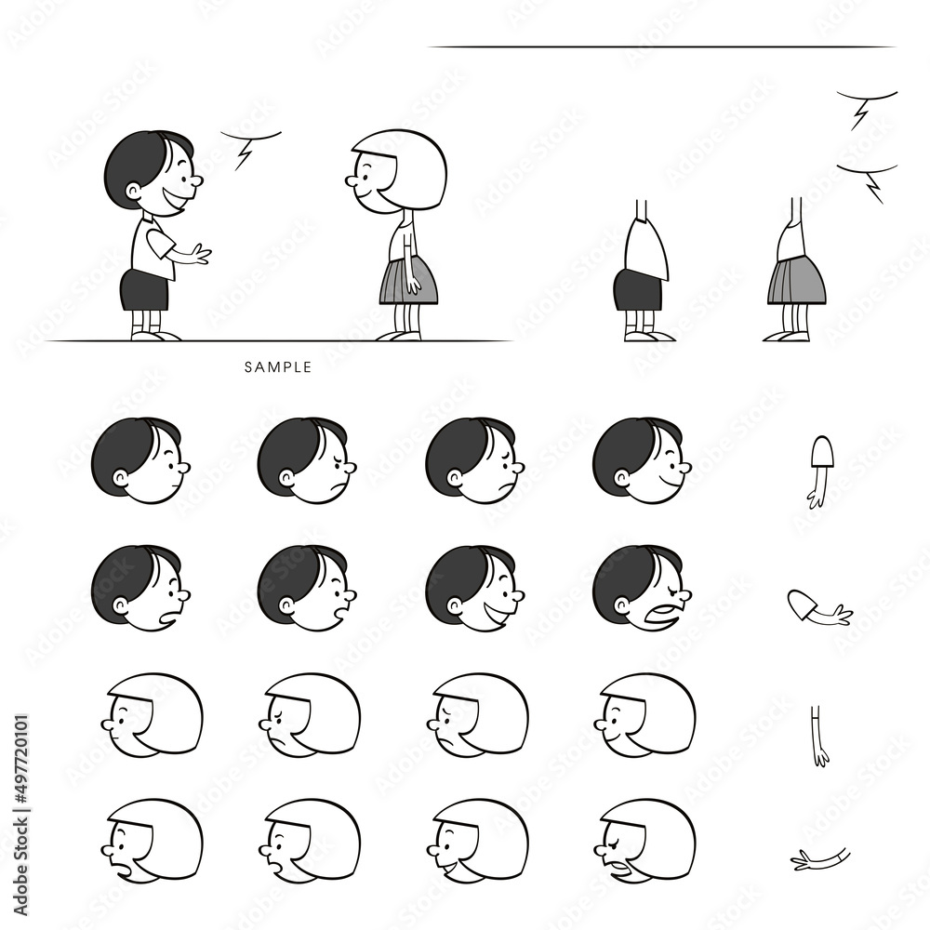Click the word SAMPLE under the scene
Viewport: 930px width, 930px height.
pyautogui.click(x=278, y=367)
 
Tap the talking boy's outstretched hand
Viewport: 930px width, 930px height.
pyautogui.click(x=197, y=254)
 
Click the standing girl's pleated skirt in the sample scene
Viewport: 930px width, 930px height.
pyautogui.click(x=408, y=280)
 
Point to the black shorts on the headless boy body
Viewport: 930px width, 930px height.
pyautogui.click(x=637, y=290)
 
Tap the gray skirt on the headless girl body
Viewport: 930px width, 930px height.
pyautogui.click(x=796, y=281)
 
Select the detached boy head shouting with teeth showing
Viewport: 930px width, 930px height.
pyautogui.click(x=641, y=588)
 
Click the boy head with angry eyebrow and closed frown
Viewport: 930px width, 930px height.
pyautogui.click(x=307, y=460)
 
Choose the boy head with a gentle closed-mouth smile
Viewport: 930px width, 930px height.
pyautogui.click(x=641, y=460)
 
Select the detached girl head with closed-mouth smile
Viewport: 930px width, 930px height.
pyautogui.click(x=644, y=714)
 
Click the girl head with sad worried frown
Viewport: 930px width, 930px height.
pyautogui.click(x=476, y=714)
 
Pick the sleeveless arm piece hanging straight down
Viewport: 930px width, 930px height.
pyautogui.click(x=819, y=735)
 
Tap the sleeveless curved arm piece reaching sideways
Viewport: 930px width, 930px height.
pyautogui.click(x=820, y=858)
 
